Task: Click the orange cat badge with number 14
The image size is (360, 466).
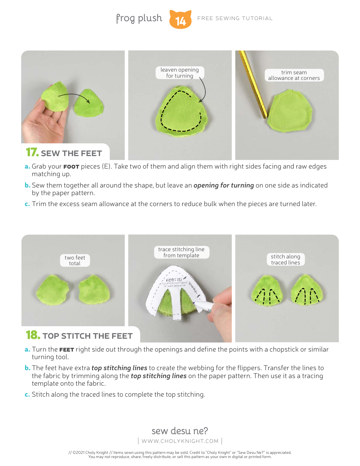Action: [x=180, y=20]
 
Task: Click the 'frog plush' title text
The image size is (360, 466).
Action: [x=139, y=18]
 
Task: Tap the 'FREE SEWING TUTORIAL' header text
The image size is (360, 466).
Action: [x=235, y=18]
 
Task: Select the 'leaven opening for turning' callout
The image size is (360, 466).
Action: [x=180, y=73]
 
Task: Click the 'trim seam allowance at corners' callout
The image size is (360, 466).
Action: [x=294, y=75]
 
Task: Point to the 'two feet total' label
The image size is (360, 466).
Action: [x=75, y=260]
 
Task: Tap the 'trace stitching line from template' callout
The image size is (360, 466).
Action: [x=181, y=252]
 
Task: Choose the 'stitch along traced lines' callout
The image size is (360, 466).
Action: [x=285, y=260]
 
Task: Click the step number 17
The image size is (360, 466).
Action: [x=32, y=153]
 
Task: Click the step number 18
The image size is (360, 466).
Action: [x=33, y=335]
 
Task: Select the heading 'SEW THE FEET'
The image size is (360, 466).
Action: [x=71, y=153]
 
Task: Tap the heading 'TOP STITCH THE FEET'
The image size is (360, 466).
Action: [x=88, y=336]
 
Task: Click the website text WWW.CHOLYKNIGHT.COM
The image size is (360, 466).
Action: [x=180, y=441]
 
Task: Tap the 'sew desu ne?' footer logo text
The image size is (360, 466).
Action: [x=180, y=431]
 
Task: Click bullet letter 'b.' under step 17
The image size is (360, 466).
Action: [x=27, y=185]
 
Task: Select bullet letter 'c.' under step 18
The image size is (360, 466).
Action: [x=27, y=394]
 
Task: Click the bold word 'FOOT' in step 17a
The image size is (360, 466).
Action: [x=71, y=167]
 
